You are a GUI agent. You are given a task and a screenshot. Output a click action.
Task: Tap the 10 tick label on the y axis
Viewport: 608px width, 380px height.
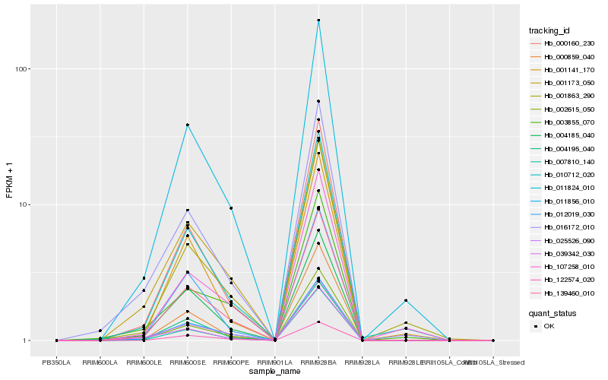coord(22,204)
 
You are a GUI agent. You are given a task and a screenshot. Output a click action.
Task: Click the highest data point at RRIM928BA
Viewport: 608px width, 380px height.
coord(318,20)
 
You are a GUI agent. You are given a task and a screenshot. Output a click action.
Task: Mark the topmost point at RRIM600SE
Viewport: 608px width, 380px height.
coord(187,125)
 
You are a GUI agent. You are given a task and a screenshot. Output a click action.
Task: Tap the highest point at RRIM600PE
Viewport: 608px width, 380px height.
coord(231,207)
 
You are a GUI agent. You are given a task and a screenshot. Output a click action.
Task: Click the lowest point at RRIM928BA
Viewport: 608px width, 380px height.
coord(318,321)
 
